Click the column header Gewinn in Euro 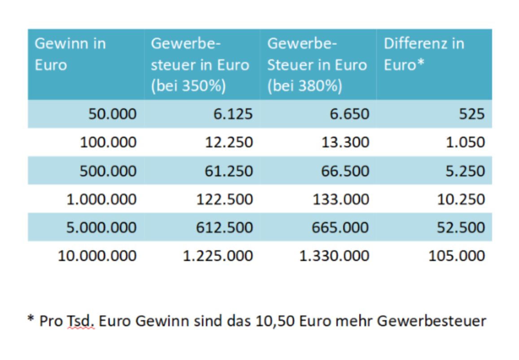tap(70, 54)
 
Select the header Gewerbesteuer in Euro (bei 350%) tap(200, 65)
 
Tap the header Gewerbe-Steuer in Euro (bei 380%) tap(317, 65)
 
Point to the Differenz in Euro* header tap(424, 54)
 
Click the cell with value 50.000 tap(112, 114)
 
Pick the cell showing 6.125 tap(232, 114)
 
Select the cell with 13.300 tap(345, 143)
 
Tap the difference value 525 tap(471, 114)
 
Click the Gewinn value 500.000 tap(108, 171)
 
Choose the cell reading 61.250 tap(228, 171)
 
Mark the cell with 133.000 tap(340, 200)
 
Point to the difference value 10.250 tap(461, 200)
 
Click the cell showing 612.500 tap(224, 228)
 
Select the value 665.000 tap(340, 228)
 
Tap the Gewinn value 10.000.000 tap(97, 256)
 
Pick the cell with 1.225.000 tap(218, 256)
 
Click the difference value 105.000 tap(457, 256)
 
